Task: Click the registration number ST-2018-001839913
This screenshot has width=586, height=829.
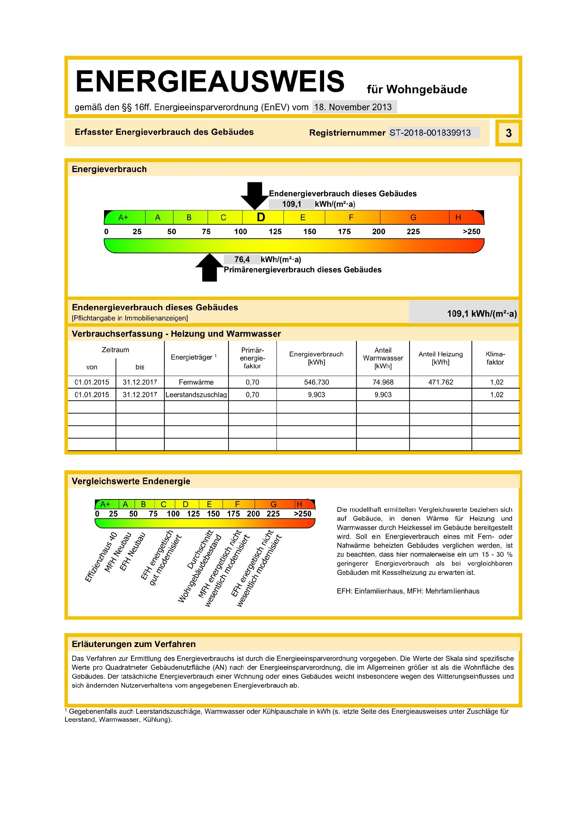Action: click(x=430, y=133)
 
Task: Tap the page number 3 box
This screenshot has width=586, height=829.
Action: click(x=508, y=133)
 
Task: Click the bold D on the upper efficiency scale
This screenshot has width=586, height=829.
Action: click(x=261, y=218)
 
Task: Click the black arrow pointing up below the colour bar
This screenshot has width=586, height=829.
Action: click(x=209, y=268)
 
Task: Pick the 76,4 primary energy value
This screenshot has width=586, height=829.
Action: click(x=242, y=260)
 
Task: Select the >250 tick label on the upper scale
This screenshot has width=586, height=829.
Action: click(x=471, y=231)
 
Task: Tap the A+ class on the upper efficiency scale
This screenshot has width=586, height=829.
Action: click(x=123, y=218)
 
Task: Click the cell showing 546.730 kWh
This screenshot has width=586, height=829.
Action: click(x=316, y=382)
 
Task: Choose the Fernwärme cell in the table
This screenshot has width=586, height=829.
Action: click(x=196, y=382)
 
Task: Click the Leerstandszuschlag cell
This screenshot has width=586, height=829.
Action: click(x=196, y=395)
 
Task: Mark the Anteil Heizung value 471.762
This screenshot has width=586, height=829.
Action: click(x=441, y=382)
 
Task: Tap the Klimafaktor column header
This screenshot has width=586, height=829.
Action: click(x=495, y=358)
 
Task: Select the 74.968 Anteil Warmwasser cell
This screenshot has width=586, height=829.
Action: click(x=383, y=382)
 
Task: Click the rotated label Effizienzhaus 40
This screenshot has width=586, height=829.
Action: click(x=101, y=557)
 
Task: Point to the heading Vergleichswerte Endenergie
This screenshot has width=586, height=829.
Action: click(x=131, y=481)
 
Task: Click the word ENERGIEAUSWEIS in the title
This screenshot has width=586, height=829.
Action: click(x=210, y=81)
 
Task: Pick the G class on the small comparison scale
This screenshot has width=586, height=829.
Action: click(x=273, y=504)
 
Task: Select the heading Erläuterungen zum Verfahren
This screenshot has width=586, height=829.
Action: click(x=134, y=644)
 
